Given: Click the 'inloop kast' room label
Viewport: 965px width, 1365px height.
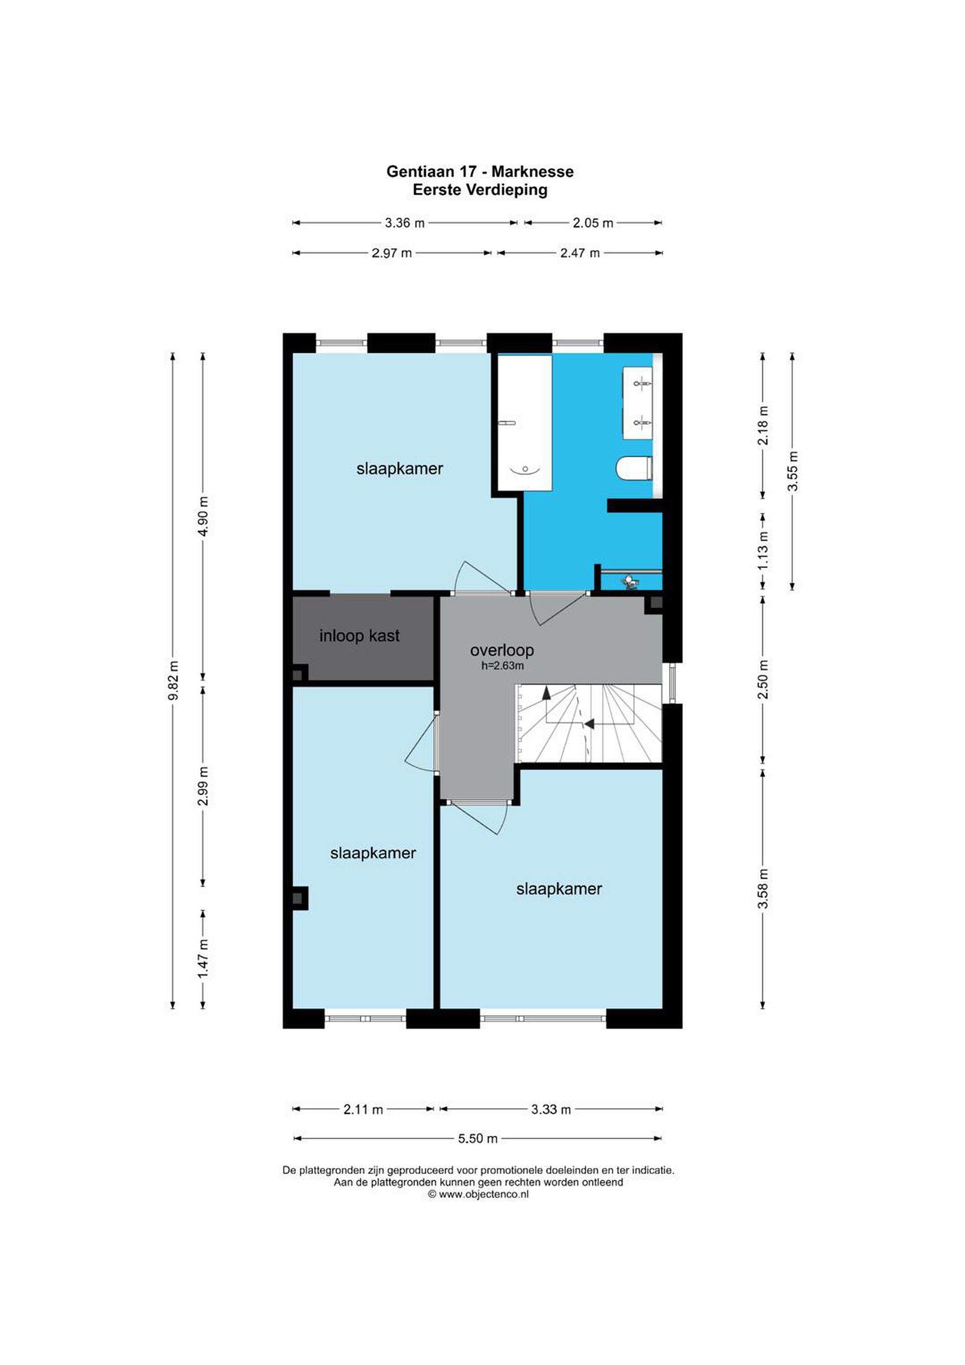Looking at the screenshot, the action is click(359, 636).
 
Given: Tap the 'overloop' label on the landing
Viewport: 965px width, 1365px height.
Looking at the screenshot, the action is click(502, 650).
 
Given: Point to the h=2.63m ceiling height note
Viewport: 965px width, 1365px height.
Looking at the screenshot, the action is click(502, 666).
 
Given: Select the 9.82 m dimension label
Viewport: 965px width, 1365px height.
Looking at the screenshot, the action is click(173, 680).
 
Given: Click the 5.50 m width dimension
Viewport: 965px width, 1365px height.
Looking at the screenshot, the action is click(477, 1138).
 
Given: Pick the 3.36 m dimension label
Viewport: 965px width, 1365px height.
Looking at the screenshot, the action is click(404, 223).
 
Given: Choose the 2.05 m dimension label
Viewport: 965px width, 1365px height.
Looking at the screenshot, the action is click(593, 223).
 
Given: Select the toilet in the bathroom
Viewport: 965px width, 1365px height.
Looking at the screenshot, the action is click(635, 468).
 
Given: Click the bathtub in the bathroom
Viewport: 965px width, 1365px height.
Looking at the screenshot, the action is click(524, 423).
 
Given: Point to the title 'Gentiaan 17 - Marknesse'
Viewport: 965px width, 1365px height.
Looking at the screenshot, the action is click(480, 172).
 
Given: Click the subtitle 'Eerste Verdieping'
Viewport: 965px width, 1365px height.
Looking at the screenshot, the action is click(480, 190).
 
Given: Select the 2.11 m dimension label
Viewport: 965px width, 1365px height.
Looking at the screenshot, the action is click(363, 1109).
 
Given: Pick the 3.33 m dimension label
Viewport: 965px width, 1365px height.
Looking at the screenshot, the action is click(551, 1109).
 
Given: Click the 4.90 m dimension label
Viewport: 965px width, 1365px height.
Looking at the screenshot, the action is click(203, 517).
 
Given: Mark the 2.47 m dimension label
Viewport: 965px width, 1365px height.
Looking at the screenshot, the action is click(580, 253).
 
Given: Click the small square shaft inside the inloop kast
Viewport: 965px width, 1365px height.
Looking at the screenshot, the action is click(299, 675).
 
